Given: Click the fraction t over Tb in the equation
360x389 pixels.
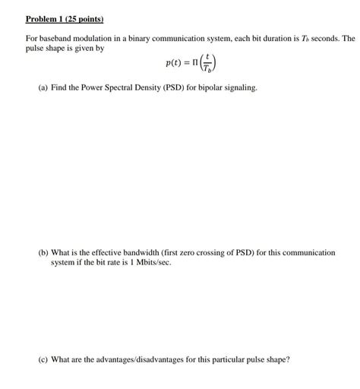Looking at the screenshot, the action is point(198,65).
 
